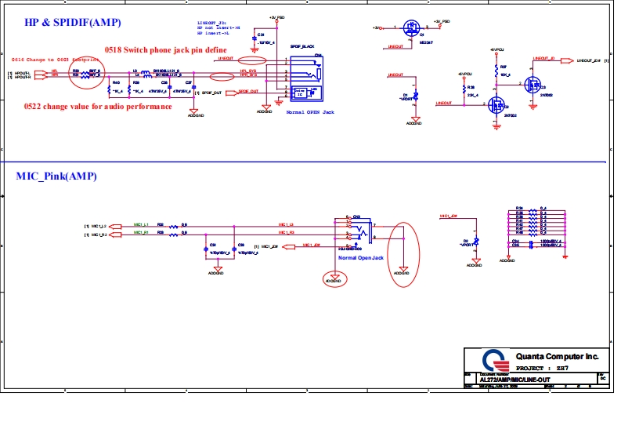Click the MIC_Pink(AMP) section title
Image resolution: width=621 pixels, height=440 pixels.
(56, 176)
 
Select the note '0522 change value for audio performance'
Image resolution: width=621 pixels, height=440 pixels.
(99, 106)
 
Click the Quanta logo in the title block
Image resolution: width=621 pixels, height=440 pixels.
(489, 361)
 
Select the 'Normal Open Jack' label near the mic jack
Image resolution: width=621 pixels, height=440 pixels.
(361, 257)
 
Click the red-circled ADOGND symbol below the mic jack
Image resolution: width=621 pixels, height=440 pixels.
(334, 279)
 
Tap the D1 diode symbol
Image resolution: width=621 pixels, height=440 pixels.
(416, 97)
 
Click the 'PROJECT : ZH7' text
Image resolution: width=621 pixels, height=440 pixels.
(540, 367)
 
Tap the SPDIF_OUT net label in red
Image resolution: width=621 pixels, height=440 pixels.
(248, 92)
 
